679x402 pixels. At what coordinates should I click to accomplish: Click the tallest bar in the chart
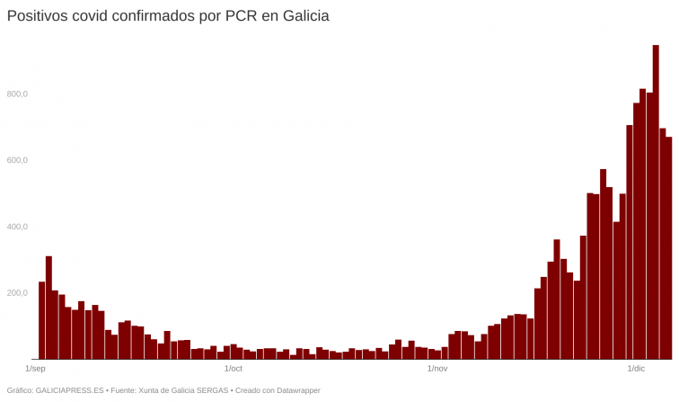coord(656,202)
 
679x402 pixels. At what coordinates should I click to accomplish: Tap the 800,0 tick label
coord(18,94)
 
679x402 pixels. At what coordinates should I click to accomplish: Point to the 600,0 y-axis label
coord(18,160)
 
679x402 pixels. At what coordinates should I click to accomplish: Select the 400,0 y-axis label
coord(18,227)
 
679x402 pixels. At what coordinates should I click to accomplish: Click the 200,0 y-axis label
coord(18,293)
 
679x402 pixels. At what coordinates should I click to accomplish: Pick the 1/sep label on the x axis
coord(36,369)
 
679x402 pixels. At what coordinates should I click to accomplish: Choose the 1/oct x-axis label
coord(234,369)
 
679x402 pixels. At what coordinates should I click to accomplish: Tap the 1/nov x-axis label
coord(437,369)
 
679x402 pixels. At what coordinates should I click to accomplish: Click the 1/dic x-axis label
coord(636,369)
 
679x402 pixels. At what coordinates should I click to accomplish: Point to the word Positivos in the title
coord(37,16)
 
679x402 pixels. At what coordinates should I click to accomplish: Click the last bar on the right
coord(668,248)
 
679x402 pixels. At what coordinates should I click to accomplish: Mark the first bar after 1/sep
coord(41,320)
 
